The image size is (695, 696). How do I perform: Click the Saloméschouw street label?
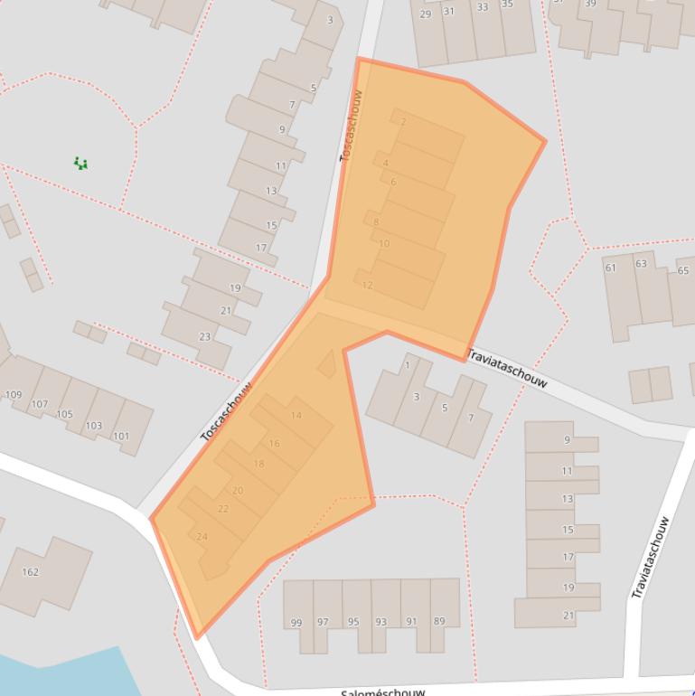pos(382,691)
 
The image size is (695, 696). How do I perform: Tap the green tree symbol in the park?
pos(81,164)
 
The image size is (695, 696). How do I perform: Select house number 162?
pos(30,572)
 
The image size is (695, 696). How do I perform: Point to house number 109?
pos(14,395)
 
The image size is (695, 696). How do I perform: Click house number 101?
pos(120,437)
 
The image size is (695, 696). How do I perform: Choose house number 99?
pos(296,622)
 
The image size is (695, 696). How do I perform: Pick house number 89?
pos(440,622)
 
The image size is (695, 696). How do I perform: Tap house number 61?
pos(611,268)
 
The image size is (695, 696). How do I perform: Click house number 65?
pos(683,270)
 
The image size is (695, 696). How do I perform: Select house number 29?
pos(426,14)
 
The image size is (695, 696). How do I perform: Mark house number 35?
pos(507,5)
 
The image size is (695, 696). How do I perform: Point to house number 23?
pos(205,337)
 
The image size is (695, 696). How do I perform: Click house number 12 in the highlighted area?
pos(367,286)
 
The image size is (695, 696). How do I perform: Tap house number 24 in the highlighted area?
pos(202,537)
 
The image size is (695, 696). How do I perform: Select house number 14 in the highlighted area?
pos(296,416)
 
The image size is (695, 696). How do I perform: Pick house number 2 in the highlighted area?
pos(403,122)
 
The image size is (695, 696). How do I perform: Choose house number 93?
pos(381,622)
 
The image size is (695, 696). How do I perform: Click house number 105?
pos(64,415)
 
